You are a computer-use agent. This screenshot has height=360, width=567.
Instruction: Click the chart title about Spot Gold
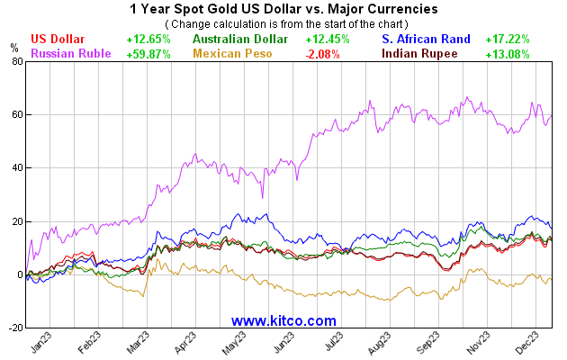coord(283,8)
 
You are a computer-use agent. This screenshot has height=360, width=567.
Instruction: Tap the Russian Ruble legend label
coord(71,54)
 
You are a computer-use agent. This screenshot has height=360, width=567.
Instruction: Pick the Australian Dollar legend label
coord(240,40)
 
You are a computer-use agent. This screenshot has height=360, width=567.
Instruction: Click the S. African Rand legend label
coord(426,40)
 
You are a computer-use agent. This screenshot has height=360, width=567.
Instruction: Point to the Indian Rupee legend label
coord(419,54)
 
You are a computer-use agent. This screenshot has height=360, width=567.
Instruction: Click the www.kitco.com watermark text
coord(283,320)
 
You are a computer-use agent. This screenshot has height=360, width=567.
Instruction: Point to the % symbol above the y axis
coord(13,47)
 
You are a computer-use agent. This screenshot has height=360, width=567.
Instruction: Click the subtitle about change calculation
coord(283,22)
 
